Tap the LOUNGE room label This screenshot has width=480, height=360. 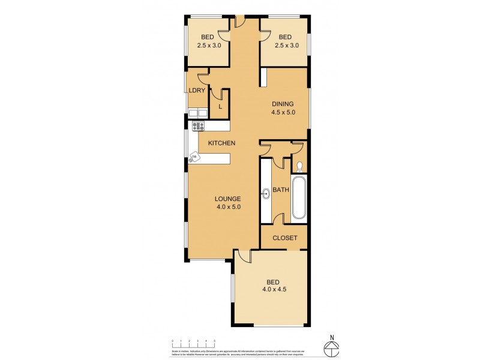point(229,199)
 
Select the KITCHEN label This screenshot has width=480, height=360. point(221,143)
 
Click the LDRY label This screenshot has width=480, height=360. point(197,91)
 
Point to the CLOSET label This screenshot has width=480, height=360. point(285,238)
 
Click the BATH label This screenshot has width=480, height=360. point(281,190)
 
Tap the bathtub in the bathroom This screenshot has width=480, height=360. point(299,198)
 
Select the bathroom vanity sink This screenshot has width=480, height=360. point(266,193)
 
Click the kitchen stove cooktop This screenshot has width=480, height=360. point(198,126)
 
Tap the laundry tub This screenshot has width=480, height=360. point(198,112)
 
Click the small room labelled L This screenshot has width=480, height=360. point(220,106)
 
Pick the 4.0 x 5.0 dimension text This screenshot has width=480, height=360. point(229,207)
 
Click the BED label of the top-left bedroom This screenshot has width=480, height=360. point(207,37)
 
